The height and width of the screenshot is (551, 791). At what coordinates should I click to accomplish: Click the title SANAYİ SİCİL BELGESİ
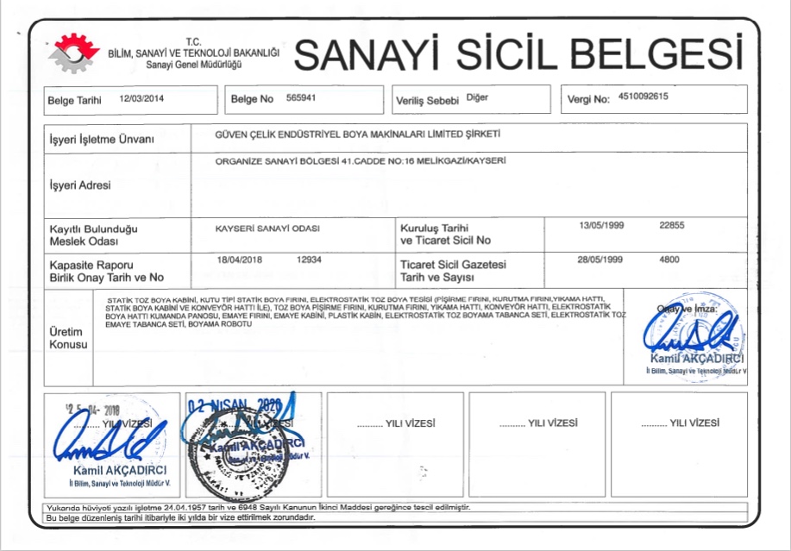[518, 54]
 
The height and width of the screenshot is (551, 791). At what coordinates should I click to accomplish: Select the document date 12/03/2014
[141, 99]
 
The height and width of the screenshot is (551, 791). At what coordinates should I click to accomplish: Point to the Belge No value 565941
[301, 98]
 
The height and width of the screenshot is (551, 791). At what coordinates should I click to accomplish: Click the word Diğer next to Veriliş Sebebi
[477, 97]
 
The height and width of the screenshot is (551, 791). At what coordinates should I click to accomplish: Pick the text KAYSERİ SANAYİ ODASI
[267, 229]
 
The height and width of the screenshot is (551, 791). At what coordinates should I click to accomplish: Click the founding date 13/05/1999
[602, 225]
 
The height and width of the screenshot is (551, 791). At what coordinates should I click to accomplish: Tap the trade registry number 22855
[671, 225]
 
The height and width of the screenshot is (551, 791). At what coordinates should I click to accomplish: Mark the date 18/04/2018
[239, 259]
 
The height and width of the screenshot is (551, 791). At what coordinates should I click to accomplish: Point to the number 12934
[309, 259]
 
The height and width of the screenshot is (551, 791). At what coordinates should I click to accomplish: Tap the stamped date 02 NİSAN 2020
[233, 404]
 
